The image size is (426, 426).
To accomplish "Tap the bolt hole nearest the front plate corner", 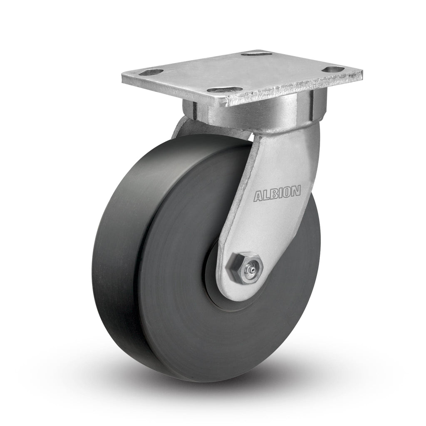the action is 224,90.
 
